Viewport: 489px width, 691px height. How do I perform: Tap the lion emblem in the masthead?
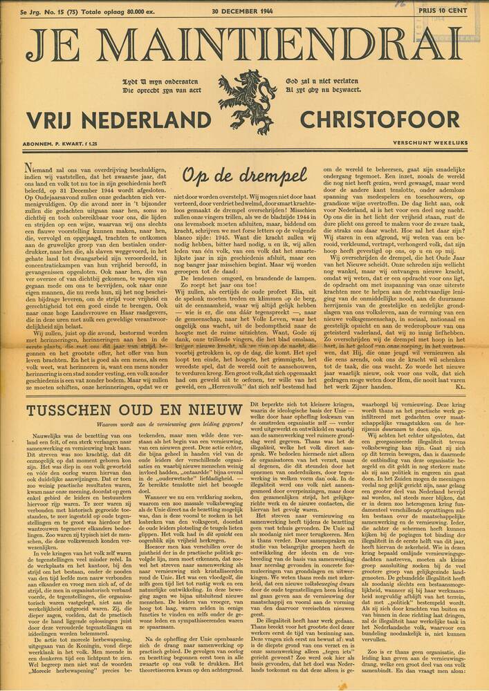(x=247, y=101)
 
